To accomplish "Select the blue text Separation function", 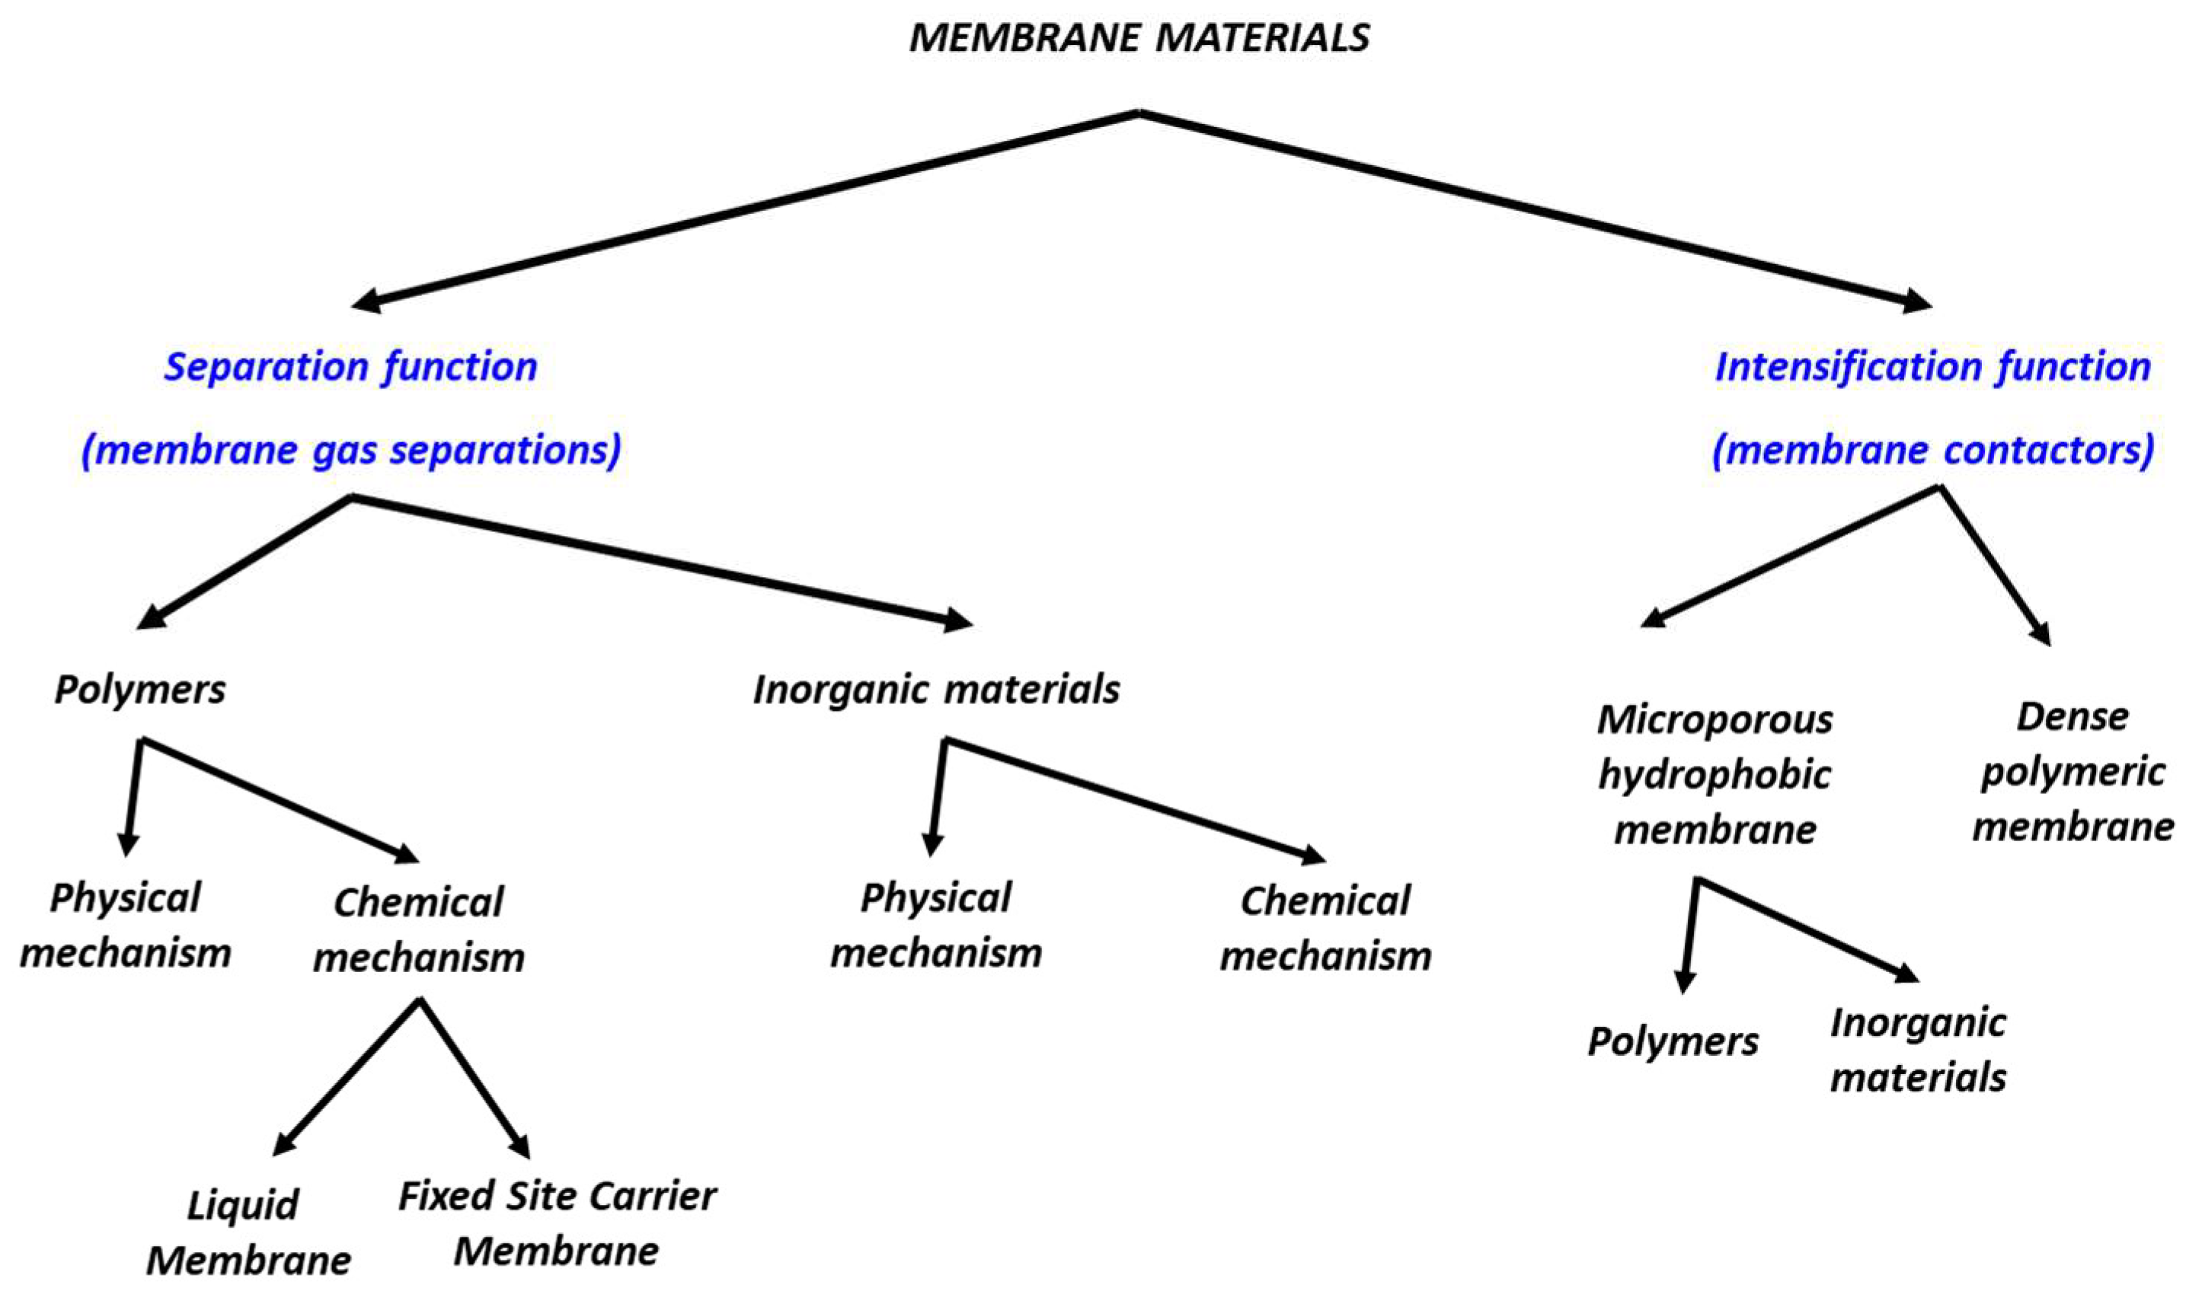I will tap(350, 366).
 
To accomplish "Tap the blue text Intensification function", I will tap(1932, 366).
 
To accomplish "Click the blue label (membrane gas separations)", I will tap(350, 450).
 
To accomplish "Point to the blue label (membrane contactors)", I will tap(1932, 450).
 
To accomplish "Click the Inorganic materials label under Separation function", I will tap(936, 689).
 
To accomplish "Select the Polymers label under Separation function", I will tap(139, 689).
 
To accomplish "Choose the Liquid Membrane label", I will tap(247, 1232).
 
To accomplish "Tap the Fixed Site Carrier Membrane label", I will tap(557, 1223).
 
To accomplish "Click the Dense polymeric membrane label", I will tap(2073, 772).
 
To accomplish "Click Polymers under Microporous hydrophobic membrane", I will tap(1673, 1041).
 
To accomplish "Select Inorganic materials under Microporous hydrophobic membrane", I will tap(1917, 1050).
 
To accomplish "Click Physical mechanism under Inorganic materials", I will tap(936, 926).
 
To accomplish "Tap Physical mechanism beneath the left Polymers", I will tap(125, 926).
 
